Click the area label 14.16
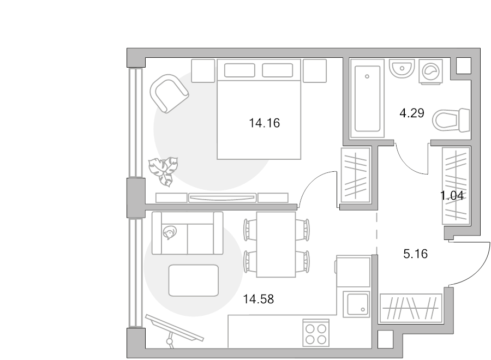click(x=264, y=123)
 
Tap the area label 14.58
click(x=259, y=299)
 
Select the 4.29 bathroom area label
click(x=412, y=113)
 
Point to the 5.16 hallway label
click(x=415, y=254)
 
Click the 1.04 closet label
click(x=452, y=195)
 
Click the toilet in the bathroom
click(x=452, y=120)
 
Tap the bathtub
click(x=367, y=98)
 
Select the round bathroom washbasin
click(x=402, y=69)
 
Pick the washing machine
click(x=430, y=71)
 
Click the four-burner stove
click(x=316, y=333)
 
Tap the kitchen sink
click(x=356, y=304)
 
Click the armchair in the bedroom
click(x=169, y=93)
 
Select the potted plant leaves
click(x=164, y=171)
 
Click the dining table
click(x=276, y=244)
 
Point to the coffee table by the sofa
click(x=194, y=280)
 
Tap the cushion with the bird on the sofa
click(x=170, y=232)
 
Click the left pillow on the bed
click(x=239, y=70)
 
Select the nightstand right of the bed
click(x=315, y=71)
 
